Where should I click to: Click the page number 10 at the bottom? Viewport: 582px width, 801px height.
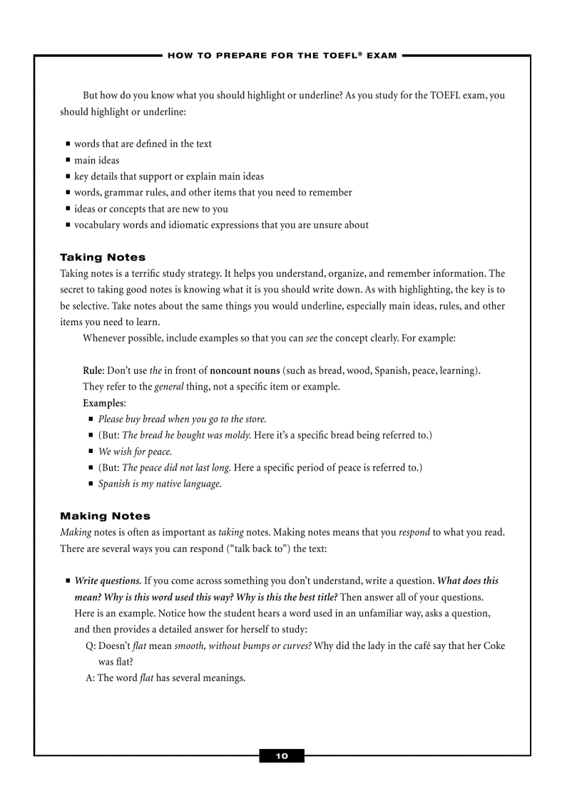coord(282,756)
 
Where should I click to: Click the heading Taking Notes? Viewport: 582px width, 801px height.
coord(103,257)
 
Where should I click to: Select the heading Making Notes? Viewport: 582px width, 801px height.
coord(105,516)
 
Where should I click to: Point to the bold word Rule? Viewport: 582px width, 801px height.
coord(93,371)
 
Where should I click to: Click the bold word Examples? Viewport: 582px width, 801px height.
coord(103,404)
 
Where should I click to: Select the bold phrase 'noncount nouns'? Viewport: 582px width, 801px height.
coord(245,371)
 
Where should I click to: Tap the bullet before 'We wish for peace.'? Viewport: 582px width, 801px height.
coord(91,451)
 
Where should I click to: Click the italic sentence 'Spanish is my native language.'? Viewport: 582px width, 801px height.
coord(160,484)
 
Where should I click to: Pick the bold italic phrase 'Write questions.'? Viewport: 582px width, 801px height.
coord(108,581)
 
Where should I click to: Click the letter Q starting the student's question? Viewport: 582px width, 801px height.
coord(90,646)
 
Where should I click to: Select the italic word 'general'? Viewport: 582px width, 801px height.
coord(169,387)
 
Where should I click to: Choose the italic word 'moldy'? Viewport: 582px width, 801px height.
coord(237,435)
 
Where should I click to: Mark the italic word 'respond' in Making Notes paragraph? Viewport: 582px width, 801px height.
coord(414,532)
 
